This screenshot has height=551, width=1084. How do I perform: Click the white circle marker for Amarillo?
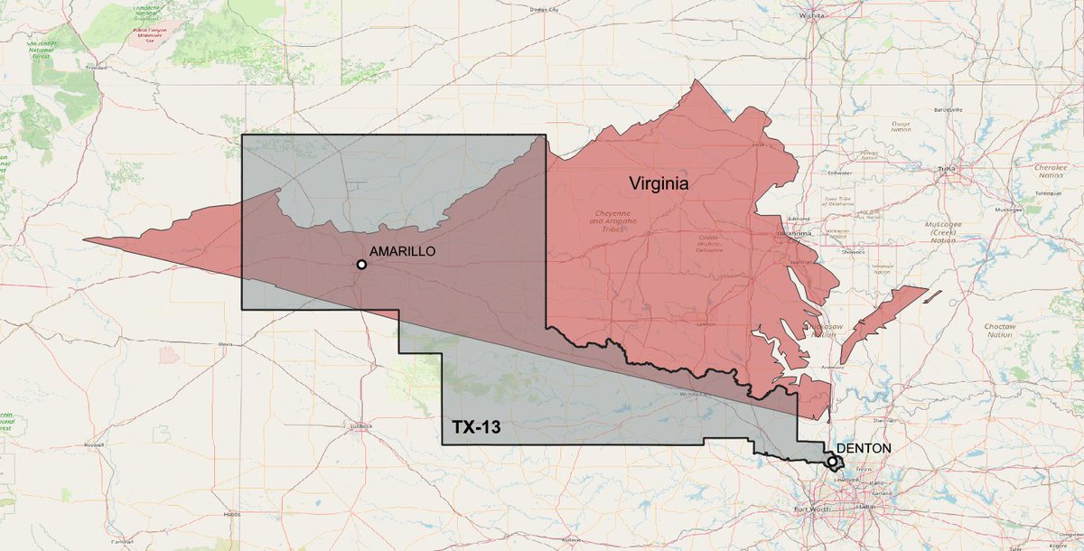[x=361, y=265]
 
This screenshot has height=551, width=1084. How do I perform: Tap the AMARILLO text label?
[x=404, y=252]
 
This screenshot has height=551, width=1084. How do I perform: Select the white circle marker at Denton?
[x=832, y=462]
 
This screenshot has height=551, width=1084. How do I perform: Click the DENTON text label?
[x=864, y=448]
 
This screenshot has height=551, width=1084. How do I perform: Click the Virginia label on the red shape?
[x=659, y=183]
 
